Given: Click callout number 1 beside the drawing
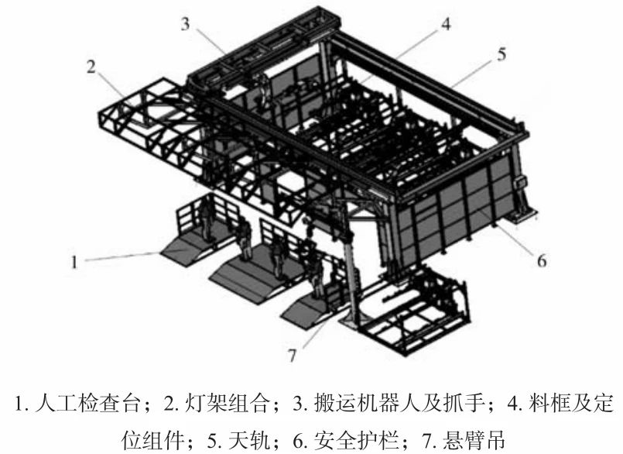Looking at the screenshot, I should click(x=75, y=262).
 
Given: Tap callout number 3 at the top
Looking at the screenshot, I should click(x=186, y=23).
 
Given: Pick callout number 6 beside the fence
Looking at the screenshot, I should click(x=542, y=260).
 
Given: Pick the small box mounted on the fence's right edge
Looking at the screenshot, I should click(x=521, y=183).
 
